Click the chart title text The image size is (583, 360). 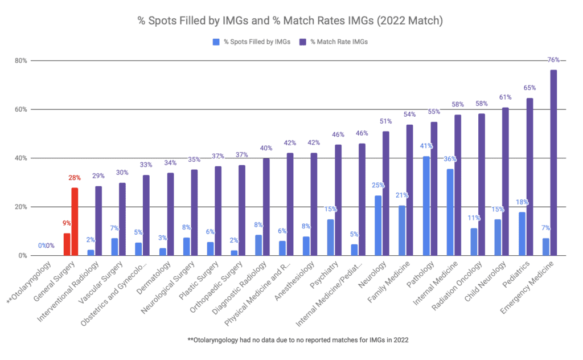pyautogui.click(x=291, y=21)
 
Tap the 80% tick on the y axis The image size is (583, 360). pyautogui.click(x=21, y=61)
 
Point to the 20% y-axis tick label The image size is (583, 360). pyautogui.click(x=21, y=207)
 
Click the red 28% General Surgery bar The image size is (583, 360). pyautogui.click(x=75, y=222)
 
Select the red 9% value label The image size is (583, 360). pyautogui.click(x=67, y=223)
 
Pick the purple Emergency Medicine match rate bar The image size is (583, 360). pyautogui.click(x=553, y=163)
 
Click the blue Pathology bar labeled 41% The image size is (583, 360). pyautogui.click(x=426, y=206)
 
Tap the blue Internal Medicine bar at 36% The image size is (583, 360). pyautogui.click(x=450, y=212)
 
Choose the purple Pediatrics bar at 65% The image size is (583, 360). pyautogui.click(x=529, y=177)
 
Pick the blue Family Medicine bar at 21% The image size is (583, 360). pyautogui.click(x=402, y=230)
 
